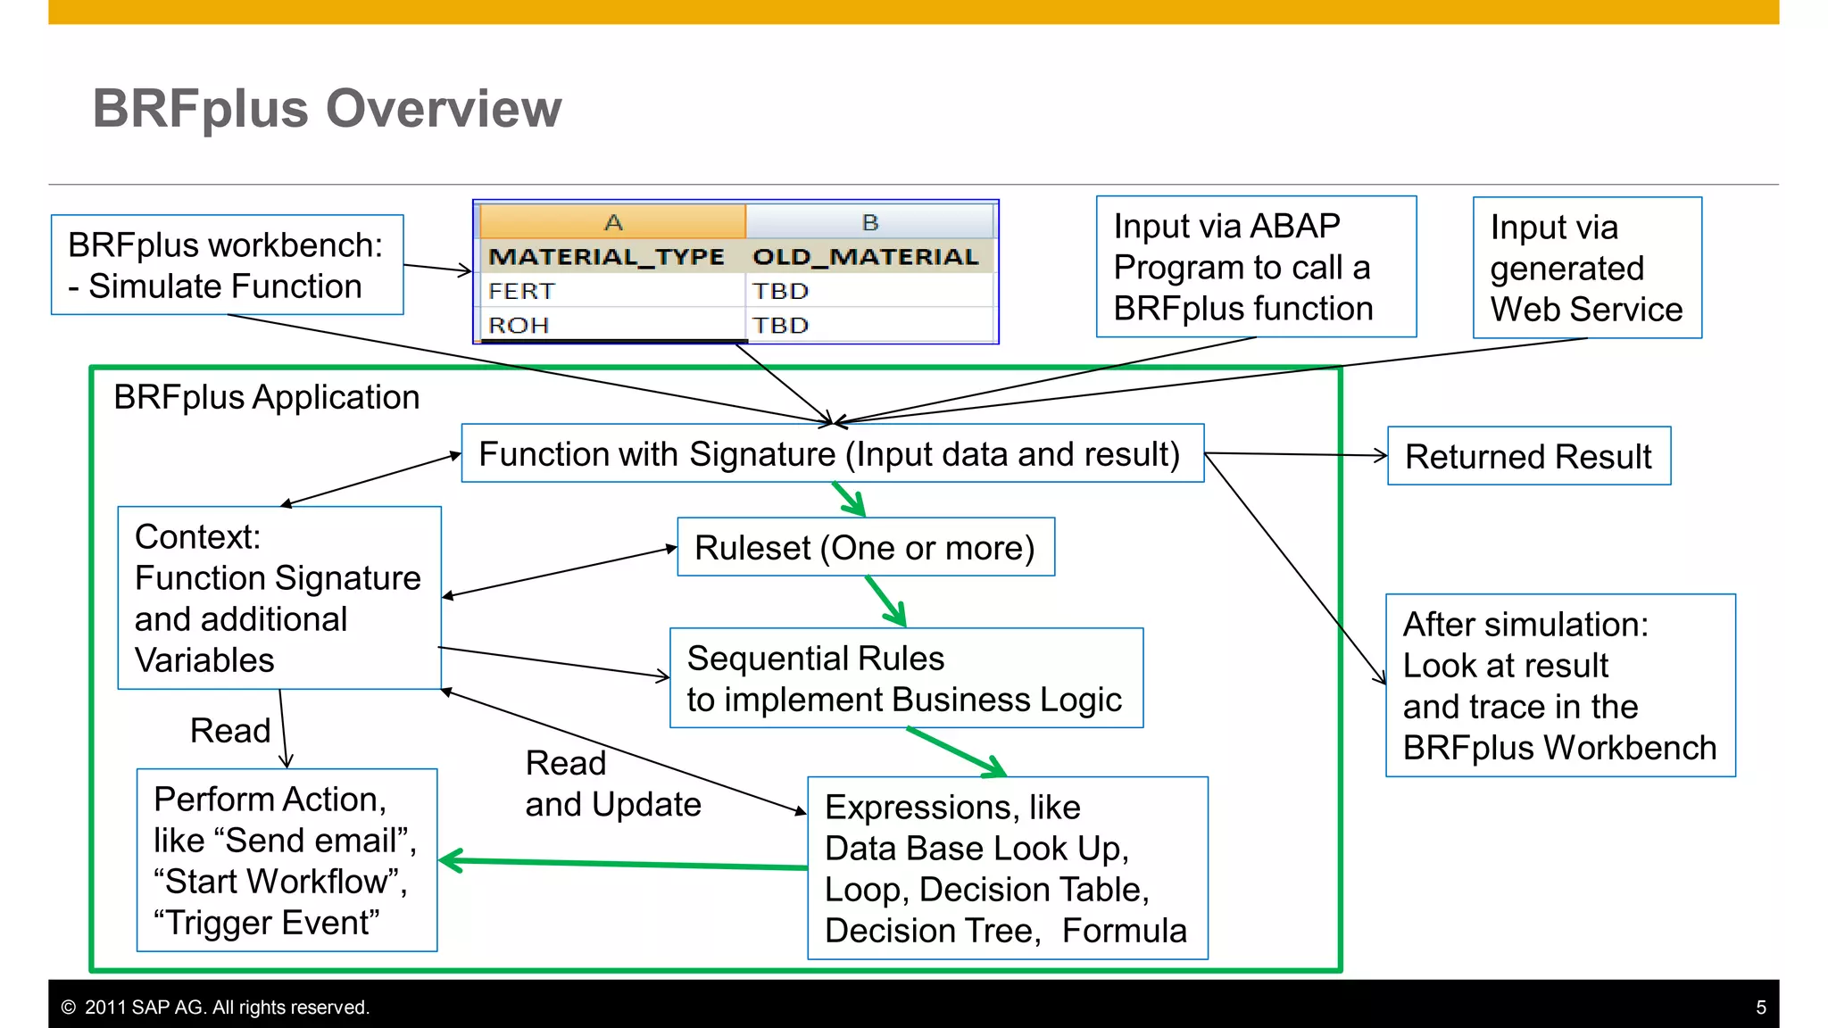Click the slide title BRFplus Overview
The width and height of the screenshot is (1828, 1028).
[327, 109]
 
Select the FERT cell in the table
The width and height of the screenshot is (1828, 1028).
[522, 292]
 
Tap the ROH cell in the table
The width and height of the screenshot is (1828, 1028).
[519, 326]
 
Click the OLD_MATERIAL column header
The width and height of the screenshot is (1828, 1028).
[866, 257]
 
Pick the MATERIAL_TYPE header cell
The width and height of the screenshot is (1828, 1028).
[606, 257]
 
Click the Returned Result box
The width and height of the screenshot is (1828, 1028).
[1528, 456]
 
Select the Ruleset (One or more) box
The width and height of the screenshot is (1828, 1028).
[865, 547]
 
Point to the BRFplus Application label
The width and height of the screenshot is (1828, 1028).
[266, 397]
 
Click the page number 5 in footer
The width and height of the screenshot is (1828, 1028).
[1760, 1007]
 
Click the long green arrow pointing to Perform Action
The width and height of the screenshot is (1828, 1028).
[625, 864]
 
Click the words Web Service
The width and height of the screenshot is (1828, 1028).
[1586, 310]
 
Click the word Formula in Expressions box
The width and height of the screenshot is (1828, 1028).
[1124, 931]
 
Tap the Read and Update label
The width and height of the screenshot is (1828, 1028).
[612, 783]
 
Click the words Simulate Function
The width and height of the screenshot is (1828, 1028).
[225, 286]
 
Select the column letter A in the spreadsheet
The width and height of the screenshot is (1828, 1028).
[613, 222]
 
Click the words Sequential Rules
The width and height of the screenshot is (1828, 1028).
[815, 659]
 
